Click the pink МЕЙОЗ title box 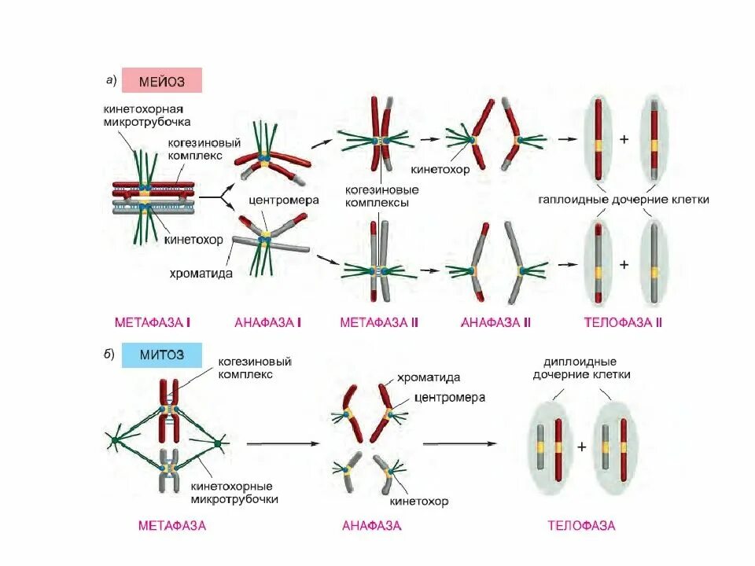[162, 81]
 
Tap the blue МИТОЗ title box [162, 355]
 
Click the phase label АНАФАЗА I [269, 322]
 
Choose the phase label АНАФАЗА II [496, 322]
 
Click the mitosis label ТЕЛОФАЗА [581, 525]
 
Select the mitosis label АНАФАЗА [372, 525]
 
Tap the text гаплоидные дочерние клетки [624, 200]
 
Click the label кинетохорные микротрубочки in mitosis [234, 492]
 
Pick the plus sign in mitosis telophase [582, 447]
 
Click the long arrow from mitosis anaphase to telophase [460, 443]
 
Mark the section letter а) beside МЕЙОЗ [111, 79]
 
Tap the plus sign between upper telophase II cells [624, 139]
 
